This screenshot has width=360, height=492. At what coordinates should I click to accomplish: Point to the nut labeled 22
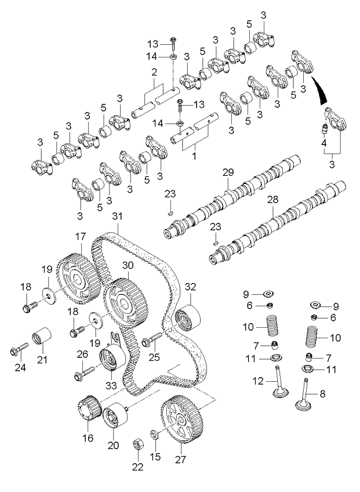139,444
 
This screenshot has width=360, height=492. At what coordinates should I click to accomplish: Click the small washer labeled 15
155,433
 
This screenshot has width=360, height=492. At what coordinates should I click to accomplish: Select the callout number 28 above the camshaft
272,200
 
